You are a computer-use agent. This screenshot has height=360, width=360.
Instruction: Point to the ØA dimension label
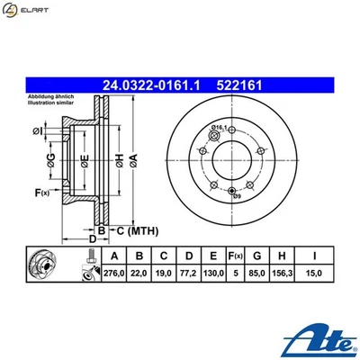click(134, 159)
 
